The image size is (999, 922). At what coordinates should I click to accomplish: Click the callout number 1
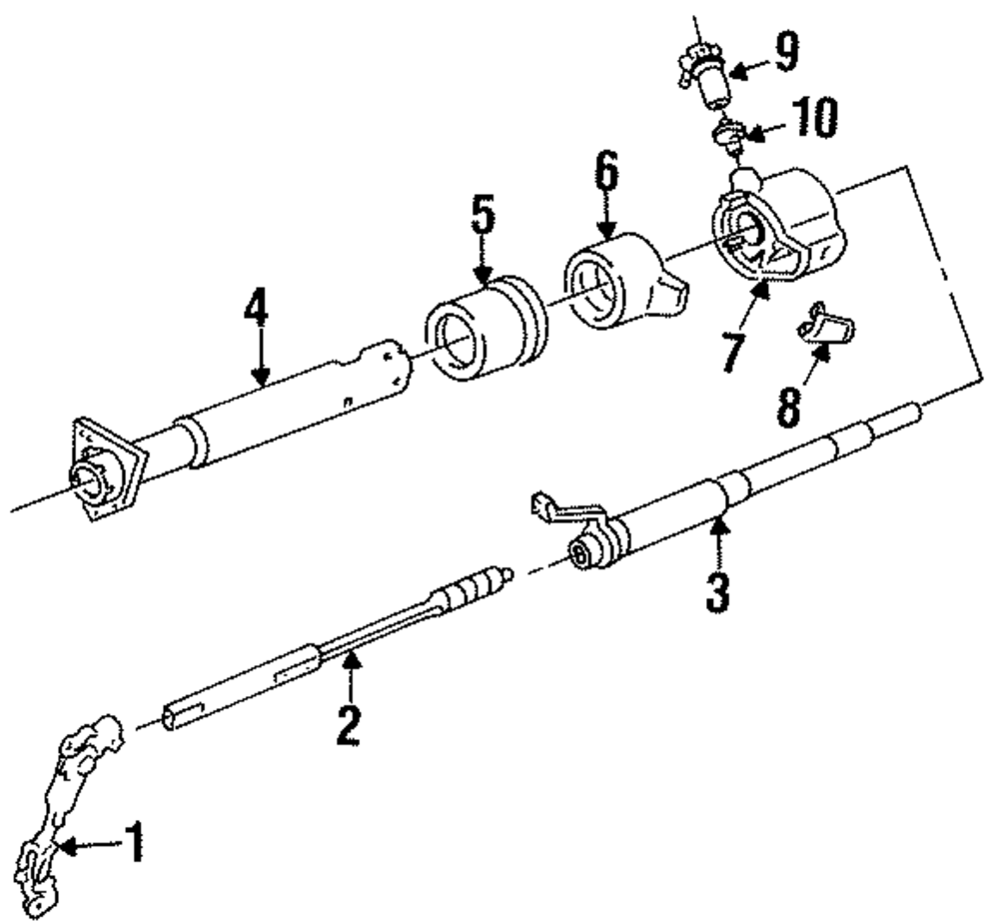[x=133, y=844]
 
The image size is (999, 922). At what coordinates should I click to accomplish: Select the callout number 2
[x=347, y=726]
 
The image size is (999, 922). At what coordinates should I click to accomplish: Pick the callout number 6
[x=606, y=177]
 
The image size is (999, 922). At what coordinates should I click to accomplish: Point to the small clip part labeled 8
[x=826, y=327]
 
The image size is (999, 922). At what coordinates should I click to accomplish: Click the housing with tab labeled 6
[x=619, y=283]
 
